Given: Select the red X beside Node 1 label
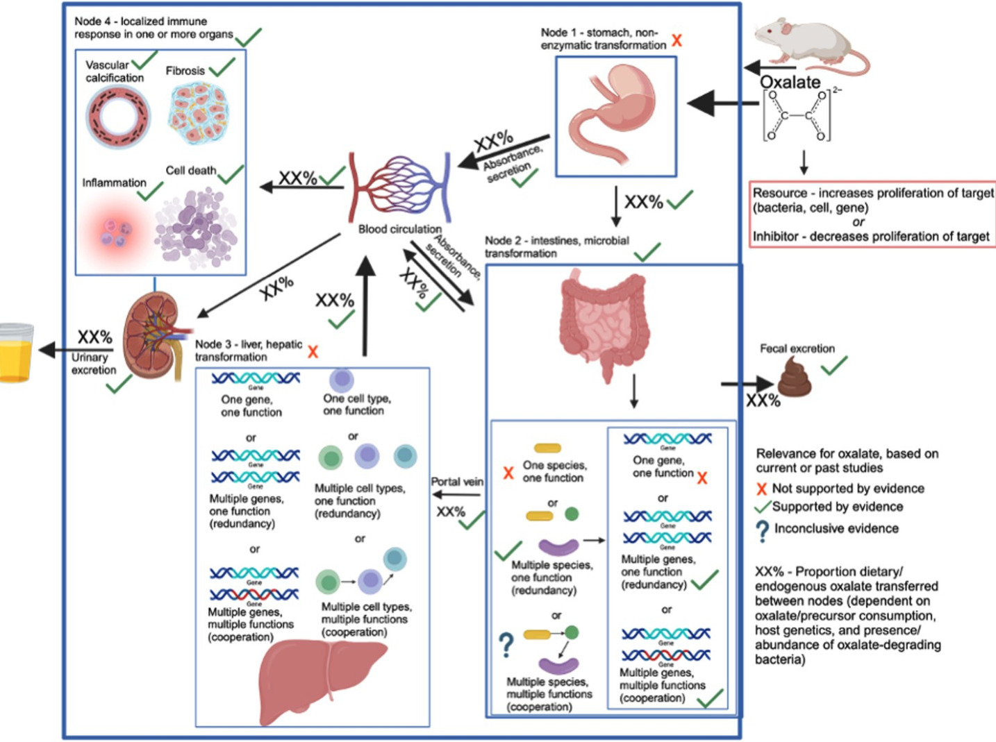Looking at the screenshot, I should click(x=677, y=40).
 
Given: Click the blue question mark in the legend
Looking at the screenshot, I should click(x=762, y=530).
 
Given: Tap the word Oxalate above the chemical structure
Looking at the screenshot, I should click(x=790, y=82).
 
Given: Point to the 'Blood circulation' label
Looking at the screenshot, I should click(x=399, y=229).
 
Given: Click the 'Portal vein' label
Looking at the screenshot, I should click(x=456, y=482).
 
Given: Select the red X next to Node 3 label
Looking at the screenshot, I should click(x=313, y=352).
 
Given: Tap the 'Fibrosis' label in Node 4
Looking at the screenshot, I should click(x=185, y=71).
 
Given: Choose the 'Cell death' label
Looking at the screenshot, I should click(x=190, y=171).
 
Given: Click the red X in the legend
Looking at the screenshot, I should click(x=762, y=489).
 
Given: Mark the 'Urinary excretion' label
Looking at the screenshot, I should click(x=93, y=364).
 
